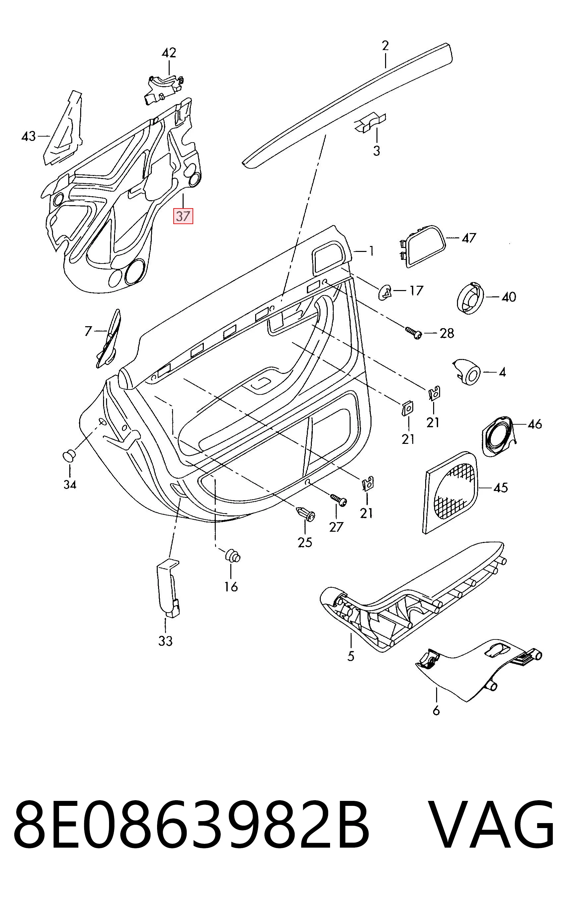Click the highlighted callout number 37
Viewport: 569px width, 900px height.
(183, 216)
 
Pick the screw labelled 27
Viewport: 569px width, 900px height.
(338, 499)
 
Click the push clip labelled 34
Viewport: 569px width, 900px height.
(69, 455)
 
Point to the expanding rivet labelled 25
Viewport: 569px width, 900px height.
(306, 513)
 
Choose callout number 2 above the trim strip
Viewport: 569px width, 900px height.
(385, 46)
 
